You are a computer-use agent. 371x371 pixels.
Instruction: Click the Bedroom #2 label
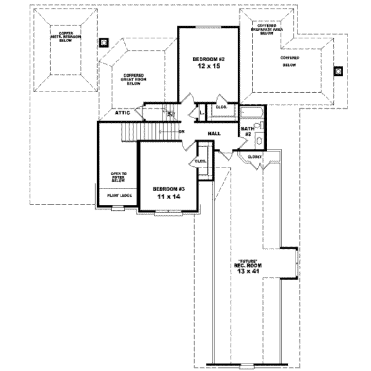209,59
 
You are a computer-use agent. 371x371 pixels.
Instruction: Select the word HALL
215,133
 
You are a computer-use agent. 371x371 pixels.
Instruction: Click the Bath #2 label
246,130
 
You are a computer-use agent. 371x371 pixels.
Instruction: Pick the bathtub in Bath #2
252,114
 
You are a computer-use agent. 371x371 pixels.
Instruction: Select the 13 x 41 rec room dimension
249,271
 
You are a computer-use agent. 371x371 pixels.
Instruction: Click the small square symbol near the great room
104,43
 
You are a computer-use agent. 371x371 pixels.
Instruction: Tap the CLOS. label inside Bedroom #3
200,161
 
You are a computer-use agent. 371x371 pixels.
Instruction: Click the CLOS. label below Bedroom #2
221,107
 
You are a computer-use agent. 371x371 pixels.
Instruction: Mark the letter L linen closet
202,112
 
